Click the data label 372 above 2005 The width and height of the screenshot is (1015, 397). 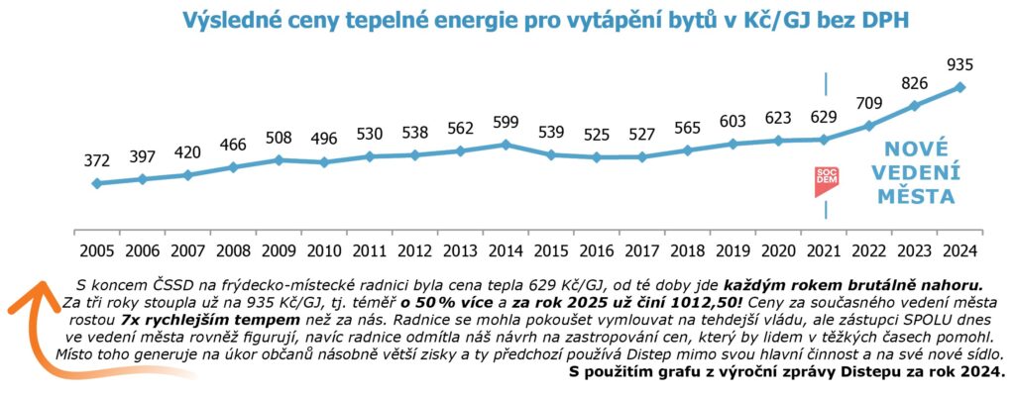[x=96, y=160]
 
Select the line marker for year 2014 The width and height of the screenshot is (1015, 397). [x=506, y=145]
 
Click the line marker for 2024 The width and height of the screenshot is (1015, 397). [x=960, y=87]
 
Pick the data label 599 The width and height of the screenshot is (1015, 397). [x=506, y=122]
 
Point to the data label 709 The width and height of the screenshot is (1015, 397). [x=869, y=102]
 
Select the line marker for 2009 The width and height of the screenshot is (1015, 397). [x=279, y=159]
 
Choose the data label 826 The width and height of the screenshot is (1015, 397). [x=915, y=83]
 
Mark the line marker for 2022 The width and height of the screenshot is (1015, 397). [x=869, y=125]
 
